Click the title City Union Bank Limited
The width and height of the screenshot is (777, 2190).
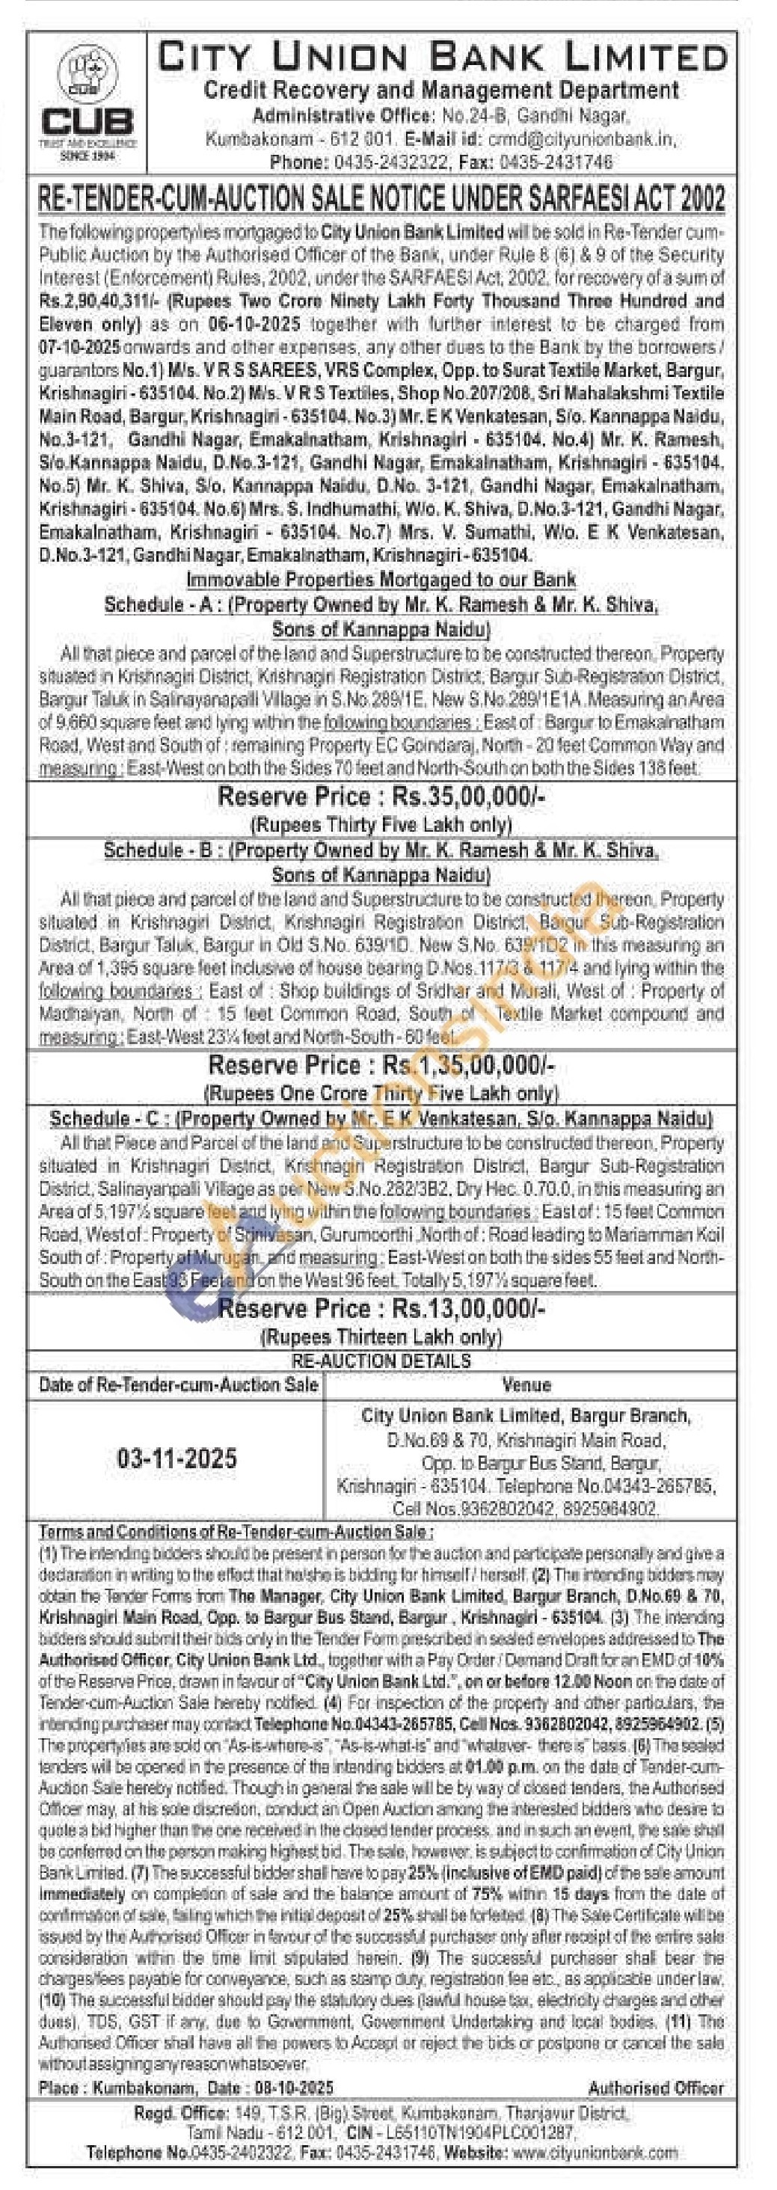[x=442, y=57]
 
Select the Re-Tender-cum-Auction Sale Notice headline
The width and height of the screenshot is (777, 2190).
[x=381, y=199]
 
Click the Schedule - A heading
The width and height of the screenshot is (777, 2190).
[x=381, y=604]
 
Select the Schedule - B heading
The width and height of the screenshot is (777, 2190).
[x=381, y=850]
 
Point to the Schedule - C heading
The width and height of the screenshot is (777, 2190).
[x=381, y=1119]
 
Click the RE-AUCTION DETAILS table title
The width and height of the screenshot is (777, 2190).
[x=381, y=1361]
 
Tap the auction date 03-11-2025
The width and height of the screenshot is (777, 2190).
[x=176, y=1459]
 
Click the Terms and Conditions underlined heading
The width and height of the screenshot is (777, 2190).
[x=236, y=1532]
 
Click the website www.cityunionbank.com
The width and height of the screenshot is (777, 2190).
[x=595, y=2153]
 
